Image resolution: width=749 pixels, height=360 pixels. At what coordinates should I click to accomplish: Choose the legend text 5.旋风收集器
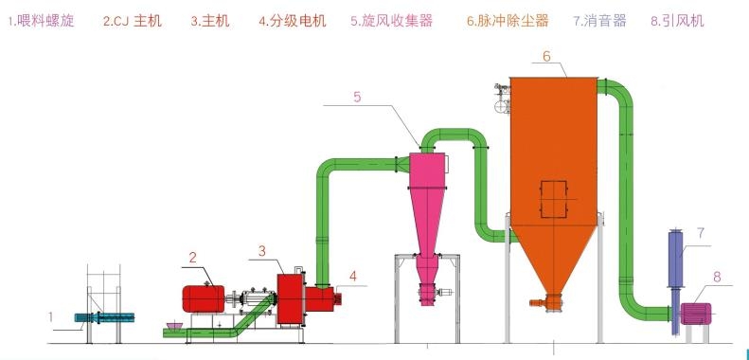(391, 20)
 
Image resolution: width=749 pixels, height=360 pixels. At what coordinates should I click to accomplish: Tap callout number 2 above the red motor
(192, 257)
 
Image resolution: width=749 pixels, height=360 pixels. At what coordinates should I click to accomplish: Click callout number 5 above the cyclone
(357, 97)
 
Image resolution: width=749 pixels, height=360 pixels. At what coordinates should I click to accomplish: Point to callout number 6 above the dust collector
(547, 56)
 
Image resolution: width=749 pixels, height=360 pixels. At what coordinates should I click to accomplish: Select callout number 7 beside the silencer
(701, 232)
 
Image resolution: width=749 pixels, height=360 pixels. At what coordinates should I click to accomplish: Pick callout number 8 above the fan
(717, 278)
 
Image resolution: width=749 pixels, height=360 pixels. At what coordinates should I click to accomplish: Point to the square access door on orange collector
(552, 197)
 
